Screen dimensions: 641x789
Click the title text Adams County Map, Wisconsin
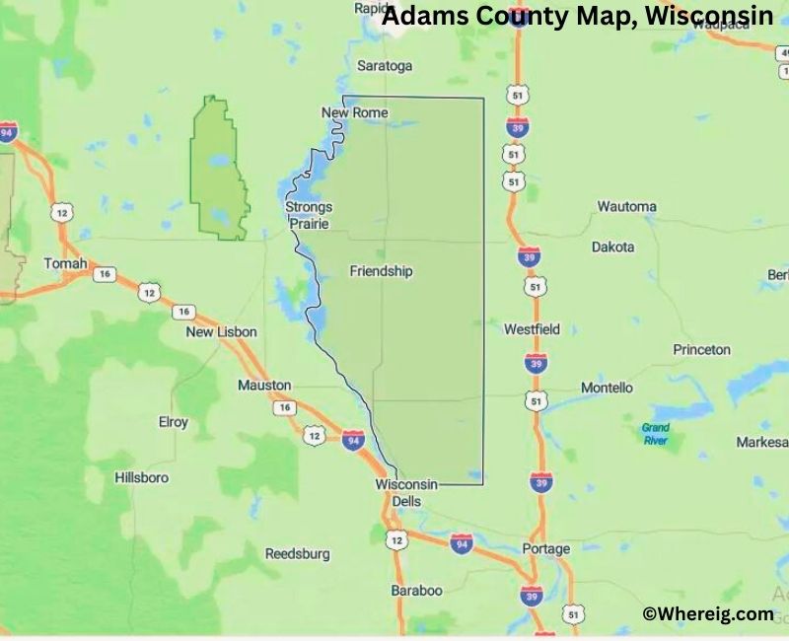pyautogui.click(x=577, y=17)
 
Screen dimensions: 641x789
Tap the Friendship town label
pyautogui.click(x=381, y=271)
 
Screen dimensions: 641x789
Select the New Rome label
pyautogui.click(x=355, y=113)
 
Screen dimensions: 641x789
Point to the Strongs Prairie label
pyautogui.click(x=309, y=215)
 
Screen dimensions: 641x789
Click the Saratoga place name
pyautogui.click(x=385, y=66)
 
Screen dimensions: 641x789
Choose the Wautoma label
pyautogui.click(x=626, y=207)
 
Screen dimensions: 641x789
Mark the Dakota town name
pyautogui.click(x=612, y=248)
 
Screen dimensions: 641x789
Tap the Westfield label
pyautogui.click(x=532, y=328)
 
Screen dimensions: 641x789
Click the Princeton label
pyautogui.click(x=701, y=350)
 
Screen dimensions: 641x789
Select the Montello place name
pyautogui.click(x=607, y=388)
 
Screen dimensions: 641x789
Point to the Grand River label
pyautogui.click(x=655, y=434)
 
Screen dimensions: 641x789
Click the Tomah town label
pyautogui.click(x=66, y=264)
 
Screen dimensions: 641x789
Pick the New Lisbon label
pyautogui.click(x=221, y=332)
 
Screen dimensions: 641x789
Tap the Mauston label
pyautogui.click(x=264, y=385)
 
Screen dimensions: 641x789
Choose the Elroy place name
pyautogui.click(x=173, y=422)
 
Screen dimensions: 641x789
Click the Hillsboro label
pyautogui.click(x=141, y=477)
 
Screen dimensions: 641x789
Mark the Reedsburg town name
pyautogui.click(x=297, y=554)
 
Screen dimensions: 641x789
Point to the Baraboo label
pyautogui.click(x=416, y=590)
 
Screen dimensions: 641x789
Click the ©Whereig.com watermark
pyautogui.click(x=708, y=614)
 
